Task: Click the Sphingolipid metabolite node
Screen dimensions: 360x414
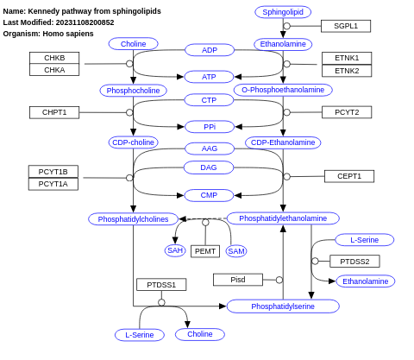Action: click(x=283, y=12)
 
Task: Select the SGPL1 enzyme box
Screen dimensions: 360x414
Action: click(x=346, y=26)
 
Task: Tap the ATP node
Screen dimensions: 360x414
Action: click(x=209, y=77)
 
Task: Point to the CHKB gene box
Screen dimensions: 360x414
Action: click(x=54, y=58)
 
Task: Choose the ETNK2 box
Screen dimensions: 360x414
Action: click(x=347, y=71)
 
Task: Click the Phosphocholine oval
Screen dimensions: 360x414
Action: click(x=133, y=91)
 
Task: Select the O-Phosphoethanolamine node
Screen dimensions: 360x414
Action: click(x=283, y=90)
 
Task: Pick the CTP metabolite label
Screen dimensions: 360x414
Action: click(x=209, y=100)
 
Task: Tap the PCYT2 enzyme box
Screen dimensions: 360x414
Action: click(x=347, y=112)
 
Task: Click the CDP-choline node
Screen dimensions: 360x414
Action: click(x=133, y=142)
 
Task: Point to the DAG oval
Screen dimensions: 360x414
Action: click(x=209, y=167)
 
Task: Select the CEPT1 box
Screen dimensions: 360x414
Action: click(x=349, y=176)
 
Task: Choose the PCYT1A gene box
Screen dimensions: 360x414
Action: click(x=53, y=184)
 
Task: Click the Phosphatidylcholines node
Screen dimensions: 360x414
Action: click(x=133, y=219)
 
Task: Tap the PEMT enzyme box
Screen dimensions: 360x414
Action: click(x=205, y=251)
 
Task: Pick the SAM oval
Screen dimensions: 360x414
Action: click(x=236, y=251)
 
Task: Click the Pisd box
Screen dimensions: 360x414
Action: click(x=238, y=280)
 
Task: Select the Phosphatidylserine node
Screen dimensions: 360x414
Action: click(x=283, y=306)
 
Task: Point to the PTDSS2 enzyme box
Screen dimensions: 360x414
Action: click(x=354, y=262)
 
